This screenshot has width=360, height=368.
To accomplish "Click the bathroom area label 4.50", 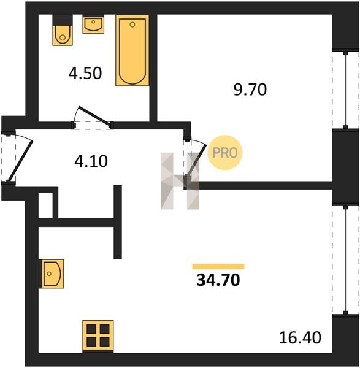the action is [x=85, y=73].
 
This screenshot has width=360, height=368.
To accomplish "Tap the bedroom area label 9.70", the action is [x=250, y=90].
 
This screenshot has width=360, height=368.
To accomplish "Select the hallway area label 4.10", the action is [x=91, y=161].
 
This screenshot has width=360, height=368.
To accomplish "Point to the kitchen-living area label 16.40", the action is [x=300, y=337].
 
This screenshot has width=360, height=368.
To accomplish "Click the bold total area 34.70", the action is [x=218, y=280].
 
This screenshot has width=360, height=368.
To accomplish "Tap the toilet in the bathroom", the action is [x=63, y=30].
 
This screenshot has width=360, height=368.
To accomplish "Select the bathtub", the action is [x=132, y=50].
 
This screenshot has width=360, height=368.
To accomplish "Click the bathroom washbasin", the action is [x=93, y=24].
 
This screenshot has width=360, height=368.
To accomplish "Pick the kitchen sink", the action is [x=52, y=274].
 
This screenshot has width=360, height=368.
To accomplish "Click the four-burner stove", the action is [x=98, y=336].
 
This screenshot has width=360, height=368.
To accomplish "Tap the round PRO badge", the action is [x=225, y=153].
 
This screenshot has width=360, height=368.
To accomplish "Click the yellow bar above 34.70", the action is [x=218, y=266].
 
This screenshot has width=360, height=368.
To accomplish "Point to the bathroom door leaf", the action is [x=95, y=115].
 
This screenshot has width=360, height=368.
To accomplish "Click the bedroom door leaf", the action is [x=196, y=160].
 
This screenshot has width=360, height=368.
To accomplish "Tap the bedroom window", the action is [x=345, y=90].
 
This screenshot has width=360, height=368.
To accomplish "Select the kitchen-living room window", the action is [x=345, y=259].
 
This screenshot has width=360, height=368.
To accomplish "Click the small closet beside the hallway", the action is [x=45, y=205].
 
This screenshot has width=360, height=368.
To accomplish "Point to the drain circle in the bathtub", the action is [x=132, y=25].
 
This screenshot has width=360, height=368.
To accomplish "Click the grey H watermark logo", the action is [x=180, y=181].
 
